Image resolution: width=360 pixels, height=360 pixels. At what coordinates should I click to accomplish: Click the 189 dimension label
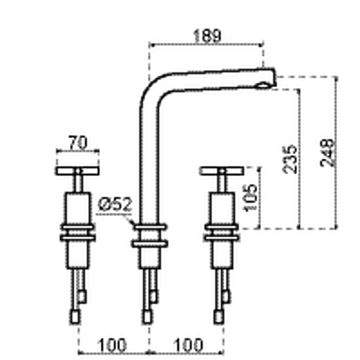207,36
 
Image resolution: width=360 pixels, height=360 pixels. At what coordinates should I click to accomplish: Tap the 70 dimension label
78,142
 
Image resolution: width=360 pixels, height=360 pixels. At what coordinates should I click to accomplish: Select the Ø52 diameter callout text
115,204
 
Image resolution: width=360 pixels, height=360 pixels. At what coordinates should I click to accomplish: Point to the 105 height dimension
250,198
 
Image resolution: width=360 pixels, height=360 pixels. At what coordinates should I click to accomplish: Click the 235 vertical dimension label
290,159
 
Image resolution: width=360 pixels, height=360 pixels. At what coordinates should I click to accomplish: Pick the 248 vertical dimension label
327,153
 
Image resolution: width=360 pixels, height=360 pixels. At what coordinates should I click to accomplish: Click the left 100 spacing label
112,345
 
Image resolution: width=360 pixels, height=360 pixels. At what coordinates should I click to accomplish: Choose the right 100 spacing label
188,345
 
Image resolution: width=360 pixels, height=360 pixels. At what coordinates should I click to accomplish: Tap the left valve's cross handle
78,171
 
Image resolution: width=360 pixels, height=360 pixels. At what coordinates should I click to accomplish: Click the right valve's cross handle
221,171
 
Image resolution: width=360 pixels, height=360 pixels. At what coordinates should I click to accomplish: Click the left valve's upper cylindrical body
78,208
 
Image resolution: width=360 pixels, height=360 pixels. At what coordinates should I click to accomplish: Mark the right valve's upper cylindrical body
222,208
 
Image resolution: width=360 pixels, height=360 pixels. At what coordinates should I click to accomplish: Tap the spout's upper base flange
150,227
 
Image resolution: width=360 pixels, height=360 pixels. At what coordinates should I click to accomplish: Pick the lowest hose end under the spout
147,317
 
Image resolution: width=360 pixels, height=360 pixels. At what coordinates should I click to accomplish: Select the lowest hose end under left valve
75,317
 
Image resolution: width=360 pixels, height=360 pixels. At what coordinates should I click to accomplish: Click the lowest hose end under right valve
219,317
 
